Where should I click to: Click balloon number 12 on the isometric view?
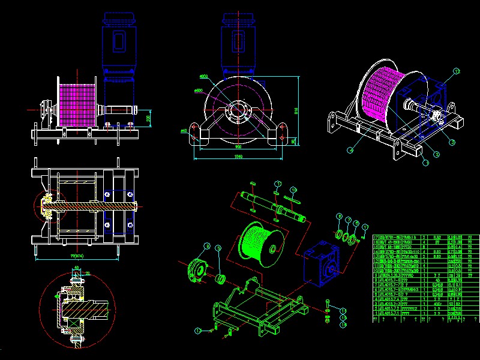(456, 71)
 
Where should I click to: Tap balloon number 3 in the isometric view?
(452, 142)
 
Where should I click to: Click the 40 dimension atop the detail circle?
(77, 269)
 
